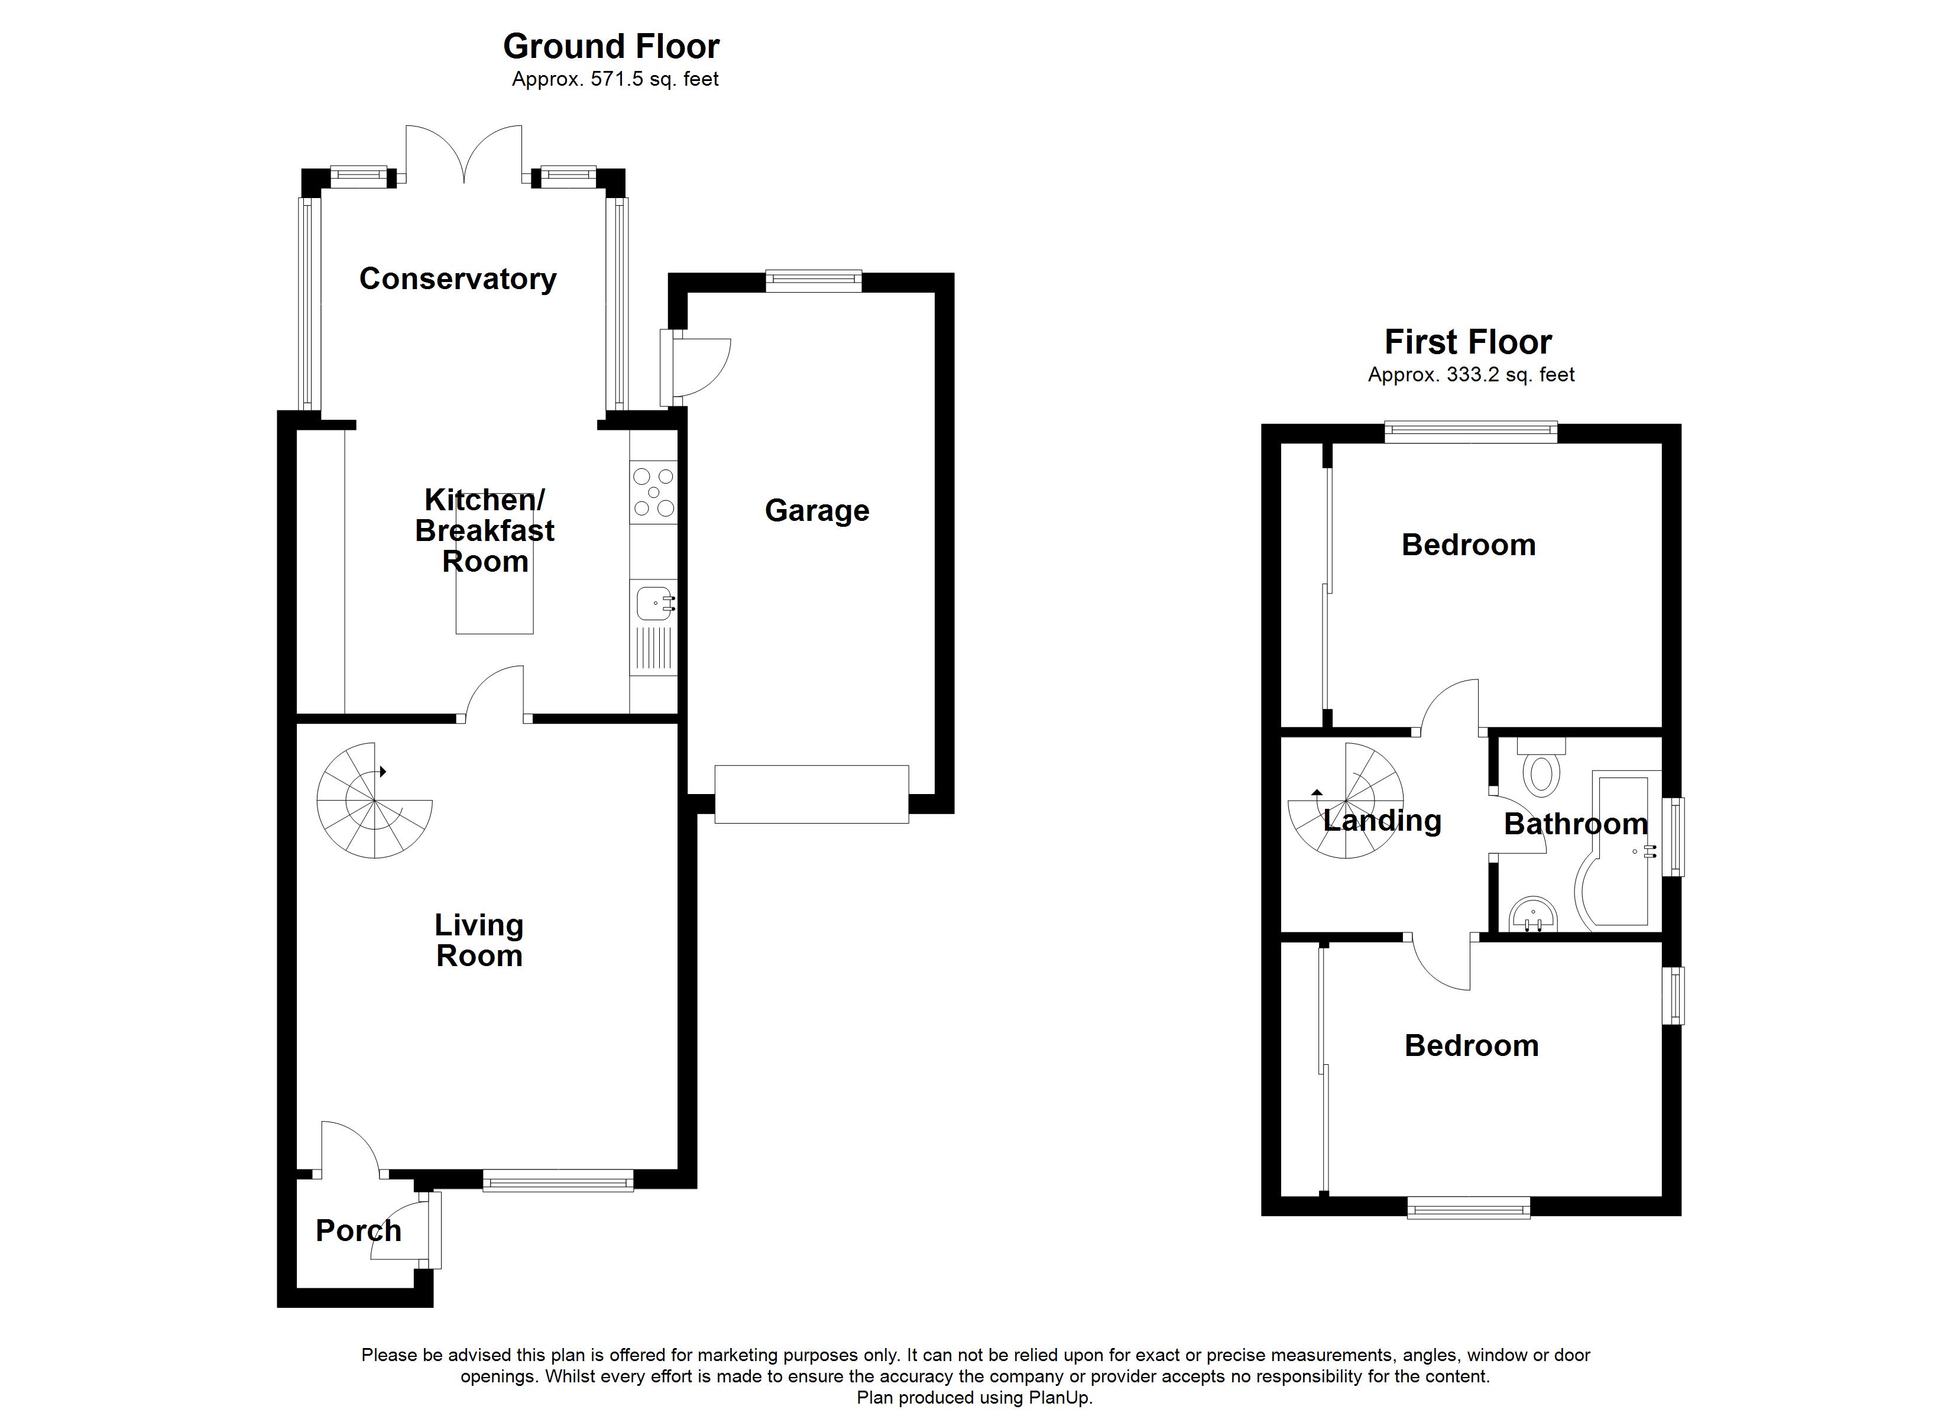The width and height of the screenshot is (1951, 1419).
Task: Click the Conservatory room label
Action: point(457,279)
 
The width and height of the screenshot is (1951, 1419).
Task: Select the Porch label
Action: point(358,1230)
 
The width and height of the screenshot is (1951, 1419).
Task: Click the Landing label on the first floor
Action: point(1382,820)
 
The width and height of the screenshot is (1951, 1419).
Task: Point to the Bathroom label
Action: point(1575,824)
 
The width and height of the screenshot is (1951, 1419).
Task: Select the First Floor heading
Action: point(1467,342)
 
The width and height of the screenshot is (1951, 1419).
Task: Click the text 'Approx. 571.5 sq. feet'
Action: point(614,80)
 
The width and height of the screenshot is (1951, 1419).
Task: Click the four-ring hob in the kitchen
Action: point(654,493)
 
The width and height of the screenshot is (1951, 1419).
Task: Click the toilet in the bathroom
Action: point(1541,772)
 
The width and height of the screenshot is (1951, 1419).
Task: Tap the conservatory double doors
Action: point(464,155)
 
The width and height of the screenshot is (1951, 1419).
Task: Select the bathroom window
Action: point(1673,837)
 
